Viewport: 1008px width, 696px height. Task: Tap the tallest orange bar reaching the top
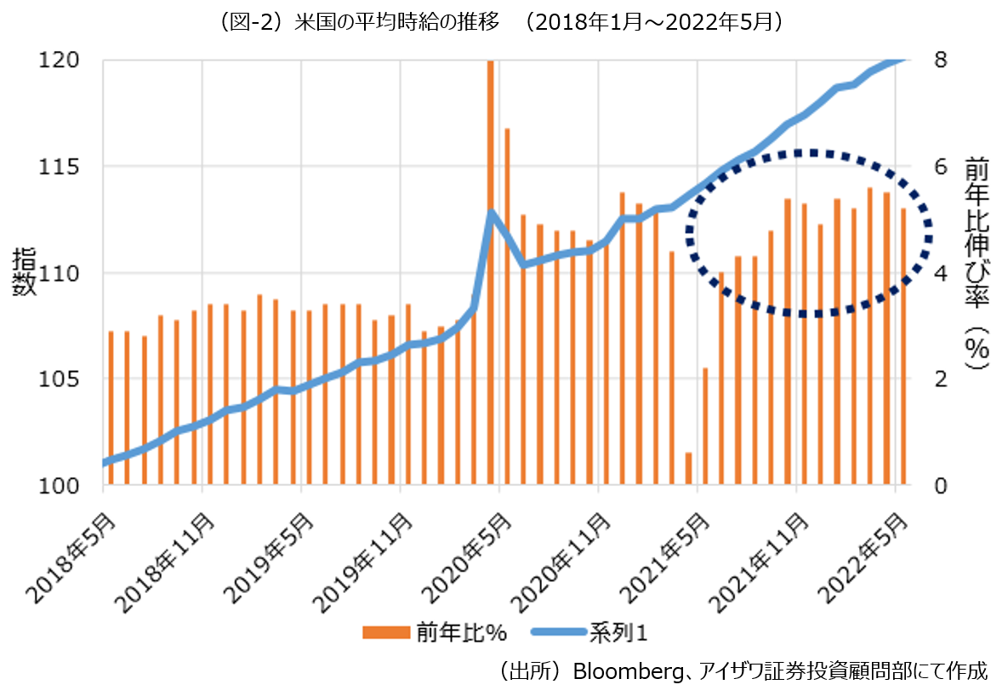click(491, 272)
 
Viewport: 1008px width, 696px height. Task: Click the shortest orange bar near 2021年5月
click(688, 469)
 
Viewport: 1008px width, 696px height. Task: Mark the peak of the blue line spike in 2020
click(491, 214)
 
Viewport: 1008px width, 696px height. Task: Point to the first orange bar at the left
click(111, 408)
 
